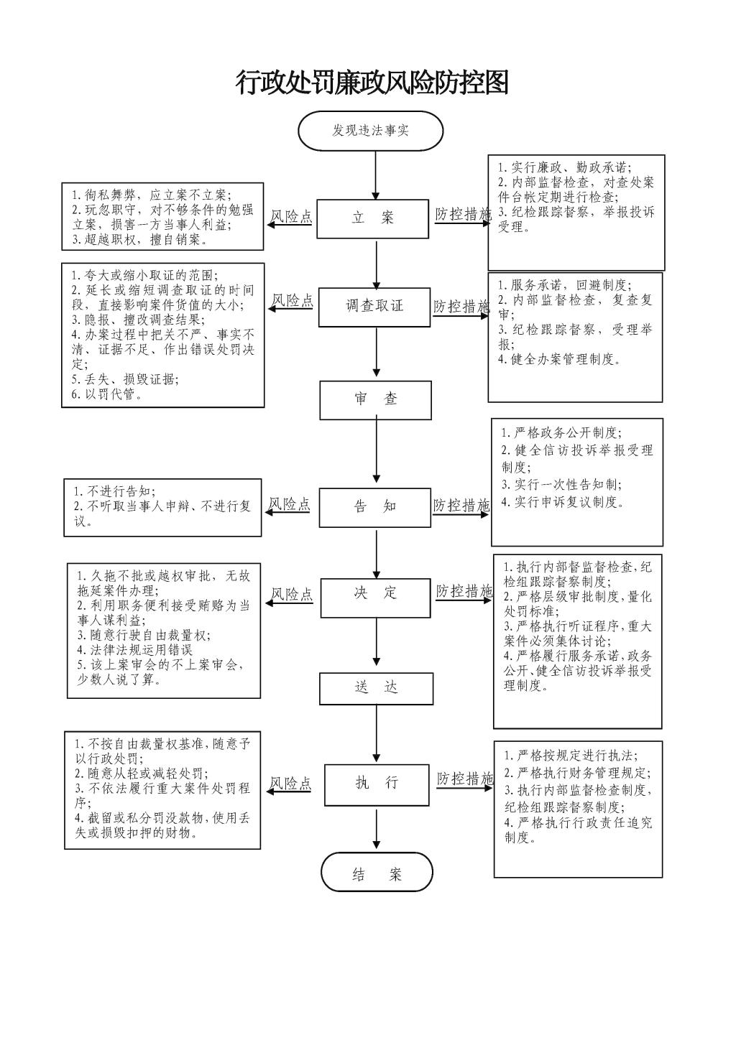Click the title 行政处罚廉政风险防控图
[372, 83]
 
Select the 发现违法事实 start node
[371, 131]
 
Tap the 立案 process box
[373, 218]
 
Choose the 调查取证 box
[374, 307]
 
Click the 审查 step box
[375, 400]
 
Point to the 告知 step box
[374, 507]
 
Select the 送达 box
[376, 688]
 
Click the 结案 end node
[377, 874]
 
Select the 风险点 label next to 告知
[289, 505]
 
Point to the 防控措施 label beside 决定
[464, 592]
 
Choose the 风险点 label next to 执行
[291, 783]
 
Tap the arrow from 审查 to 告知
[376, 450]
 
